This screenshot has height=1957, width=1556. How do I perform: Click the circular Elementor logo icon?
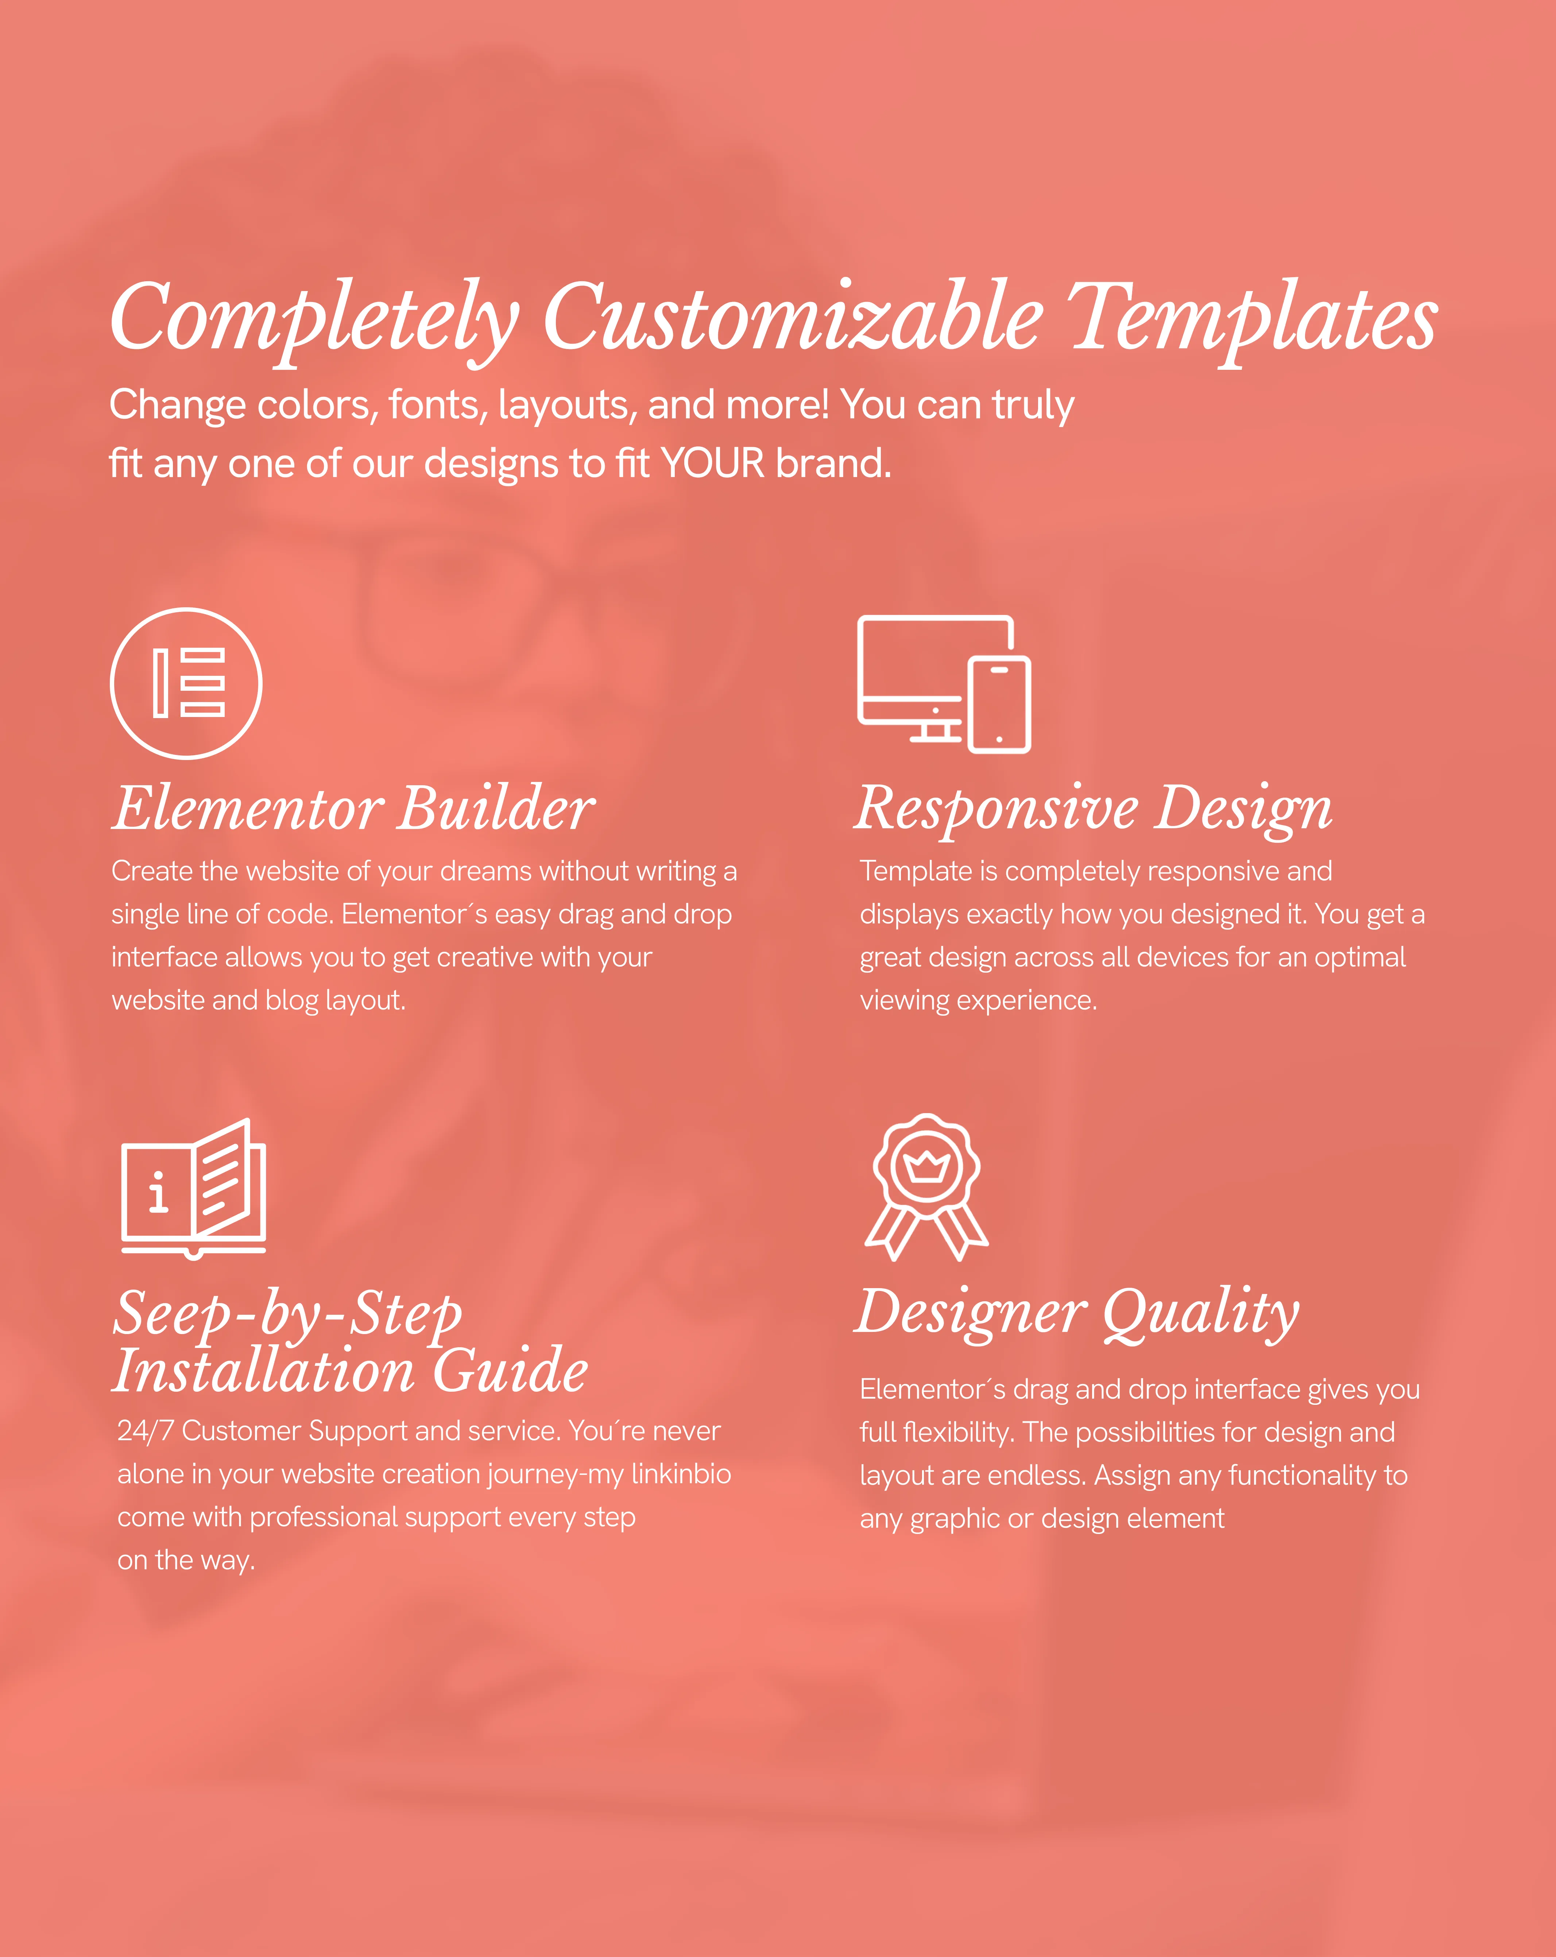pyautogui.click(x=186, y=683)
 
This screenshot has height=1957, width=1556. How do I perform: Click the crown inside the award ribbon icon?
pyautogui.click(x=927, y=1166)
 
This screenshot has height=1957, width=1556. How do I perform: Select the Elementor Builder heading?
pyautogui.click(x=354, y=808)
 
